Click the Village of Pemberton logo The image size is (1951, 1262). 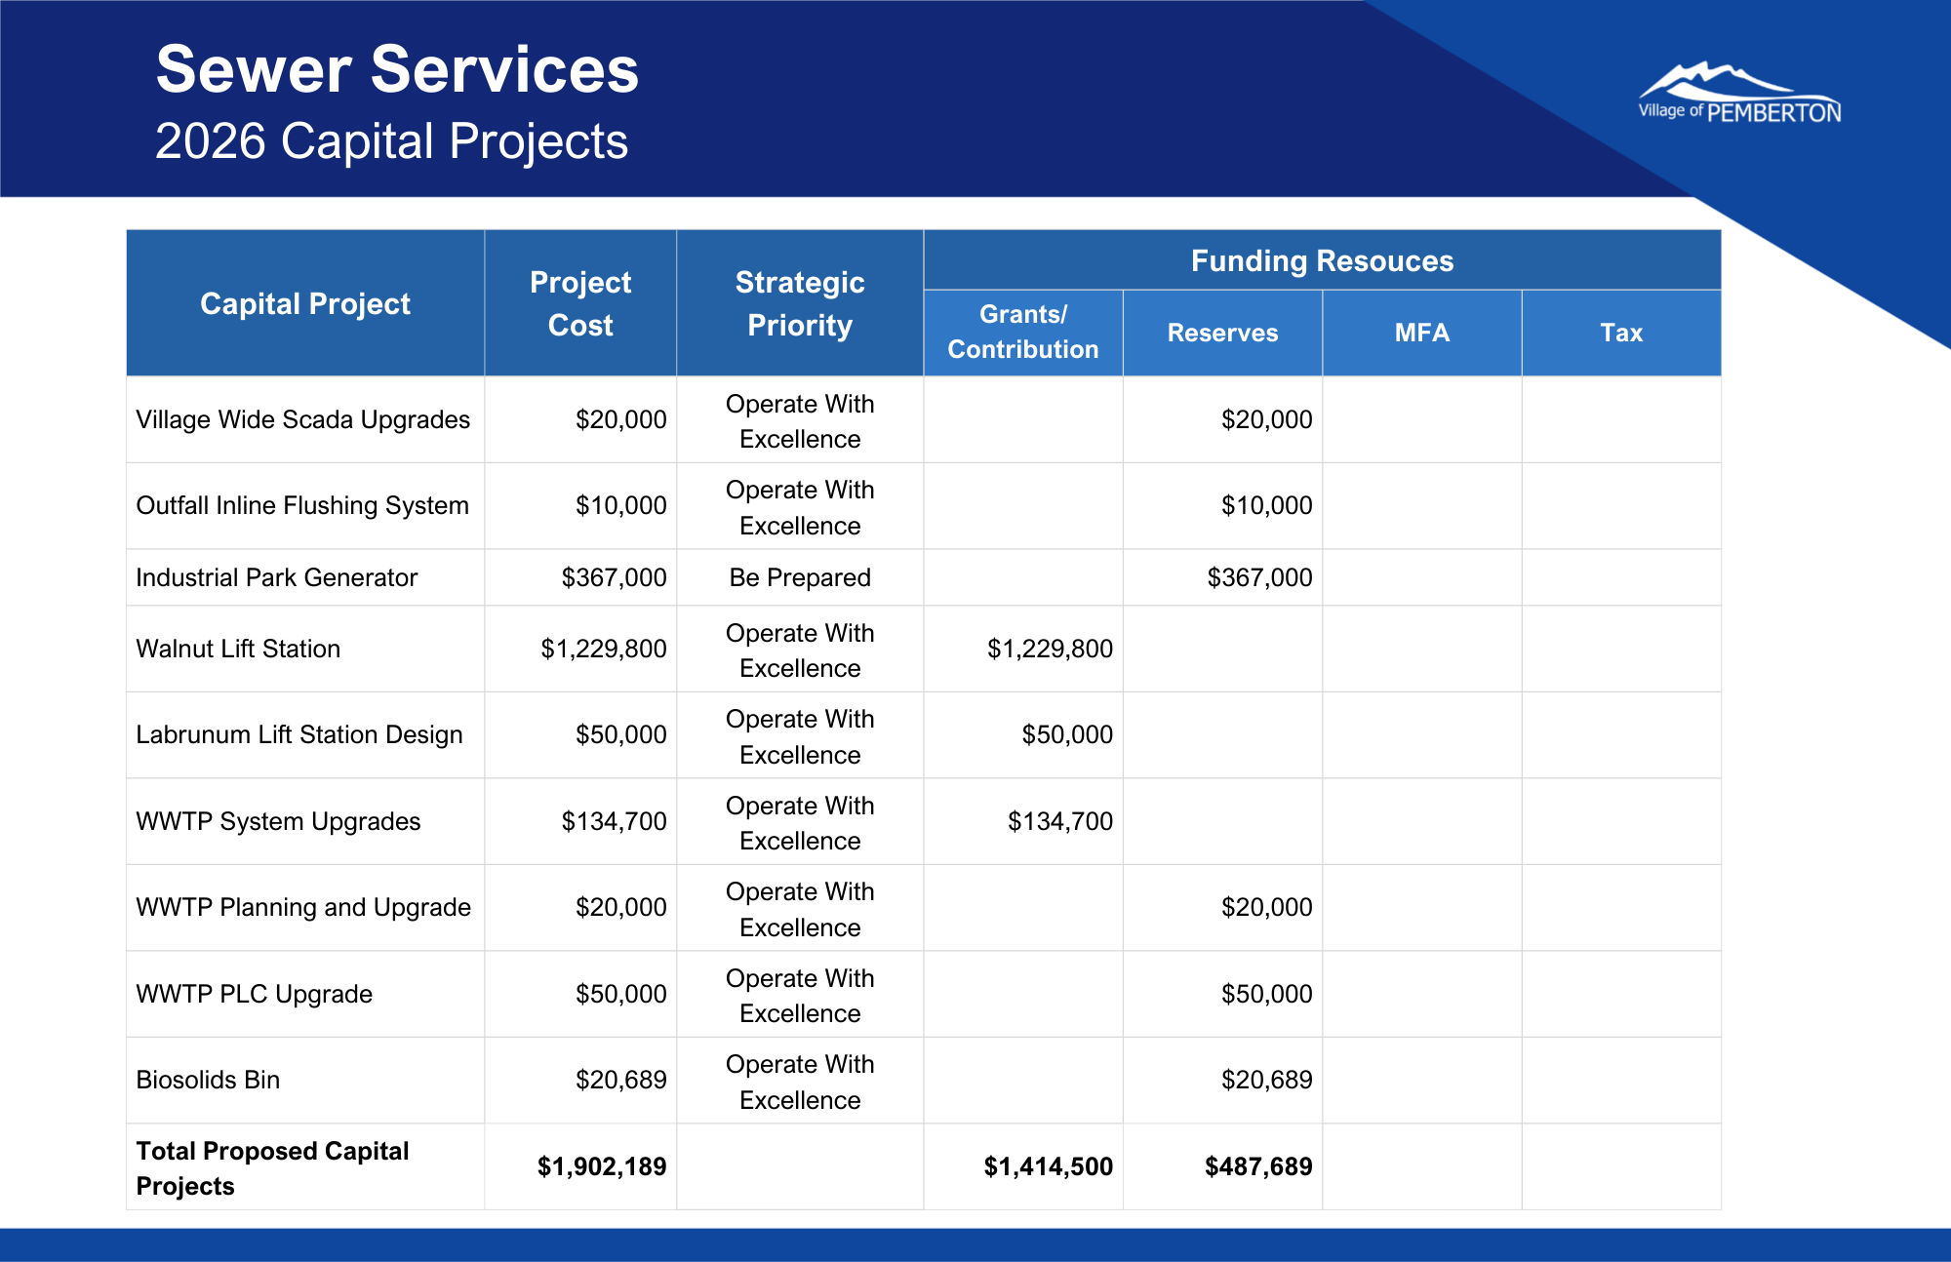(1739, 95)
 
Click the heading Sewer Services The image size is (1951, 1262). (397, 70)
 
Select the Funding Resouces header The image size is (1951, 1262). (1322, 260)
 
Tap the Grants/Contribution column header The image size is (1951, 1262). (1022, 332)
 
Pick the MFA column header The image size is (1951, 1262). (1421, 333)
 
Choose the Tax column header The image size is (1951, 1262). (1621, 333)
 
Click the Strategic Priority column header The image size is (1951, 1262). (800, 303)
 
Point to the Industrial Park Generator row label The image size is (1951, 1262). (276, 577)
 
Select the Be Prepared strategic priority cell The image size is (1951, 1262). (800, 577)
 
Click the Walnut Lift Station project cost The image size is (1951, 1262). (604, 649)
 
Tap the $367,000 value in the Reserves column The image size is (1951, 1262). (1259, 577)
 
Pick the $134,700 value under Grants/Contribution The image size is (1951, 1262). (1059, 821)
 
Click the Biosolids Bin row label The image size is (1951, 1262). (208, 1080)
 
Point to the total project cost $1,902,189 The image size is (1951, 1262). (602, 1166)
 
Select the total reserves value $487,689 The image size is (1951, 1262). (1258, 1166)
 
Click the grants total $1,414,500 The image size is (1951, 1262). (1048, 1166)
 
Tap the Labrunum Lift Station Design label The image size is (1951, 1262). (299, 734)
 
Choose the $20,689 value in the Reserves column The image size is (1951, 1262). (1266, 1080)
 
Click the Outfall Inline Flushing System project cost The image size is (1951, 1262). (620, 505)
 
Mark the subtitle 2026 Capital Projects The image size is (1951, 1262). (391, 141)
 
